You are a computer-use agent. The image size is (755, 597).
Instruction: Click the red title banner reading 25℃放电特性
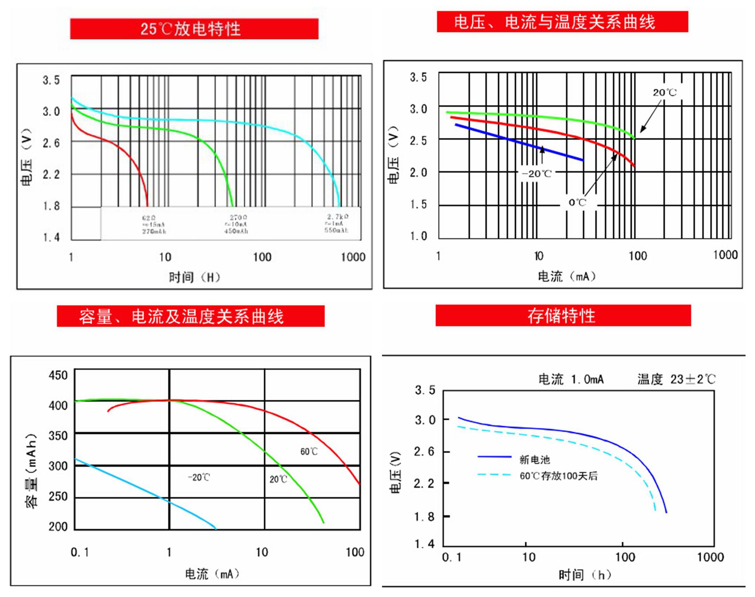pyautogui.click(x=194, y=29)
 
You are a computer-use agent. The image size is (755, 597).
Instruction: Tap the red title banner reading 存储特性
pyautogui.click(x=563, y=315)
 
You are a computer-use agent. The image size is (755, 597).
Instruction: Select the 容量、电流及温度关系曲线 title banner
pyautogui.click(x=191, y=316)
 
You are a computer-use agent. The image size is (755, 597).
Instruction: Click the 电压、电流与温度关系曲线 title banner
pyautogui.click(x=562, y=22)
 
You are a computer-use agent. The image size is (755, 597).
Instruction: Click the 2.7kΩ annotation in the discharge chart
pyautogui.click(x=337, y=217)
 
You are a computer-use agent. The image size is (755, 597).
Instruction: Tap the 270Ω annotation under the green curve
pyautogui.click(x=238, y=217)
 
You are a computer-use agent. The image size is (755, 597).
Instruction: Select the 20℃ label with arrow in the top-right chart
pyautogui.click(x=665, y=93)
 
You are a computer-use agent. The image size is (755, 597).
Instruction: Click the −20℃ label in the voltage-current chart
pyautogui.click(x=536, y=174)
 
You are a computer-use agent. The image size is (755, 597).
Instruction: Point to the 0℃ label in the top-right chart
pyautogui.click(x=577, y=203)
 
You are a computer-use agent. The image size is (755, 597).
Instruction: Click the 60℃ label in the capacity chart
pyautogui.click(x=309, y=451)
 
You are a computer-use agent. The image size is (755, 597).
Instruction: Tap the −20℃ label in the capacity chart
pyautogui.click(x=199, y=477)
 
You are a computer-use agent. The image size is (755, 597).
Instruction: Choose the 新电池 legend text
pyautogui.click(x=534, y=459)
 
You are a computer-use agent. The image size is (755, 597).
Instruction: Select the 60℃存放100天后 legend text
pyautogui.click(x=558, y=476)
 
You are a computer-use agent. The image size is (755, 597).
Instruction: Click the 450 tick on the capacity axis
pyautogui.click(x=58, y=375)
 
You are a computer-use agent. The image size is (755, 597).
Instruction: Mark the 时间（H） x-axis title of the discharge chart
pyautogui.click(x=194, y=277)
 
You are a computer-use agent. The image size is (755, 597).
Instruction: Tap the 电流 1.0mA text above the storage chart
pyautogui.click(x=571, y=380)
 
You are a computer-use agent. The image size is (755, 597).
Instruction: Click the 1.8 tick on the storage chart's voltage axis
pyautogui.click(x=424, y=516)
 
